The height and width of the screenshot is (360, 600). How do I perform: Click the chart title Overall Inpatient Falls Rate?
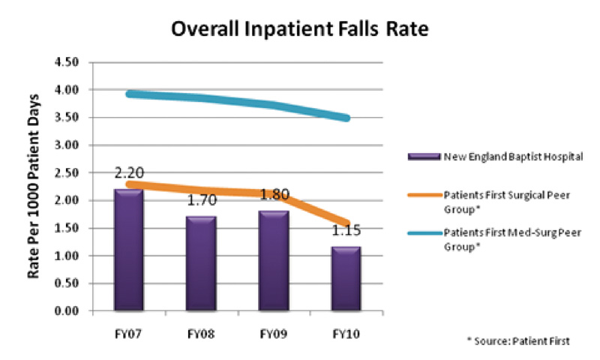pos(300,29)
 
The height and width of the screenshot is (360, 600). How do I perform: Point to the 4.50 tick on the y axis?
pos(69,62)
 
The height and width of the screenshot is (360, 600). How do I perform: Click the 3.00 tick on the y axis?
pos(69,145)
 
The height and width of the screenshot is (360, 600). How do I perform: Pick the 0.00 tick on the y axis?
pos(69,311)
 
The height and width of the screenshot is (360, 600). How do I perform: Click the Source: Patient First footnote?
pos(517,341)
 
